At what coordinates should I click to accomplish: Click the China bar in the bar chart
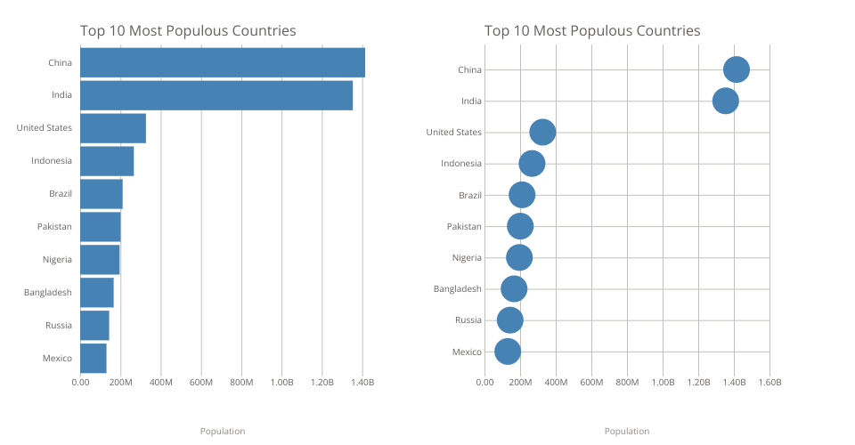(223, 62)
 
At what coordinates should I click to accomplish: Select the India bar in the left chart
(216, 95)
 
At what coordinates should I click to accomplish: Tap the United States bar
(113, 128)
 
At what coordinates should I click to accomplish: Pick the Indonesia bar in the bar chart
(107, 161)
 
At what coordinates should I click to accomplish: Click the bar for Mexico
(94, 358)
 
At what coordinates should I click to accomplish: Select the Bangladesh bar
(97, 292)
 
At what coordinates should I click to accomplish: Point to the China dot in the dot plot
(737, 69)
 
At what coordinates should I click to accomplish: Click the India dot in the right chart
(726, 101)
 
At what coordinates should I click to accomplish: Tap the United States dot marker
(542, 132)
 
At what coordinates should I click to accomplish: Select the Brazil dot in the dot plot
(522, 195)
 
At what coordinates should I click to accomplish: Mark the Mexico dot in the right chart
(508, 352)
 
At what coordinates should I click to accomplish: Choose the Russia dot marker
(510, 320)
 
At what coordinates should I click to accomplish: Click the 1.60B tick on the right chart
(769, 383)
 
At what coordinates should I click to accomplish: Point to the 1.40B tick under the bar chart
(362, 383)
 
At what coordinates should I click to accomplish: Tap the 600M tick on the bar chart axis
(201, 383)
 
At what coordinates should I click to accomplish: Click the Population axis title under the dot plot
(627, 432)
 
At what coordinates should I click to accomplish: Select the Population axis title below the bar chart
(223, 432)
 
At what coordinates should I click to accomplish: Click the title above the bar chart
(188, 31)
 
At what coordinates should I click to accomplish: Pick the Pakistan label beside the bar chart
(54, 227)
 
